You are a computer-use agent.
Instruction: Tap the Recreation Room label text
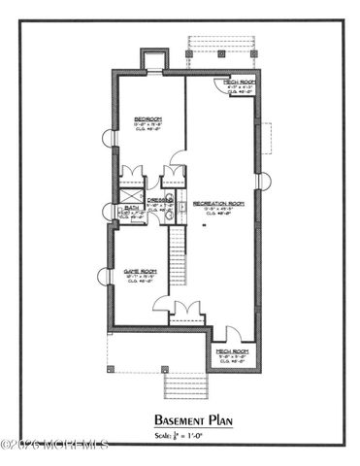pos(215,204)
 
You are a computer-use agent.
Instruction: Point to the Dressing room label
pos(160,201)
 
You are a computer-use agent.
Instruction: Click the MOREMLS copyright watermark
pos(54,446)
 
